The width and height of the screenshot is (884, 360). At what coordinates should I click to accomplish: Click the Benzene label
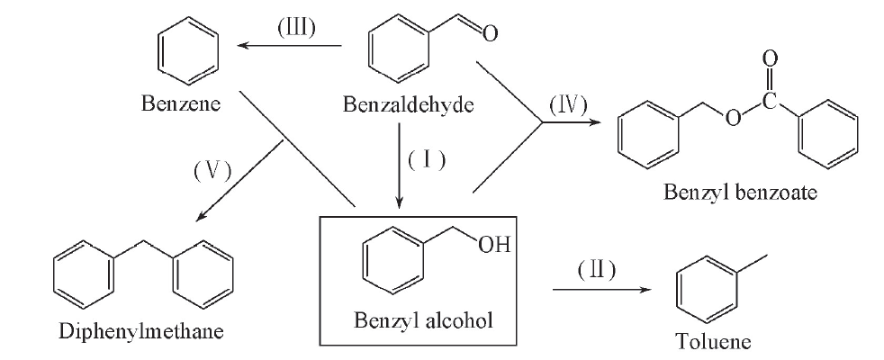181,103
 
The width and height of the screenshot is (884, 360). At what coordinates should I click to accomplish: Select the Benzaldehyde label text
409,104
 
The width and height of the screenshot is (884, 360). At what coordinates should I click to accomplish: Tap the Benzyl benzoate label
740,193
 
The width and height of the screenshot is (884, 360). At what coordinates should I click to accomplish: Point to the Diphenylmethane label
141,330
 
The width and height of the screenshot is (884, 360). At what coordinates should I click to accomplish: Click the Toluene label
714,341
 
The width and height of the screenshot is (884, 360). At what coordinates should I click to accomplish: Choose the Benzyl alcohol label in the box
423,320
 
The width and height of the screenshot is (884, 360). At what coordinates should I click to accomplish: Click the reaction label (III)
296,28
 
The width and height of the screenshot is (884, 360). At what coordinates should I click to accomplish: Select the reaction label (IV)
568,104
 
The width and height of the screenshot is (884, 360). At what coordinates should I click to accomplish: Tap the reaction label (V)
212,171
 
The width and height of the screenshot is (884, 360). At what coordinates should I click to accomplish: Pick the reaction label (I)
427,160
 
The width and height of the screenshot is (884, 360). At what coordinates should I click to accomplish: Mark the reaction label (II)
596,270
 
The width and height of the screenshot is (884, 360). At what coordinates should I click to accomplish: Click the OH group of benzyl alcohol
494,245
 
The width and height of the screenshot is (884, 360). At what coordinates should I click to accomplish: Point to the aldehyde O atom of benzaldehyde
490,33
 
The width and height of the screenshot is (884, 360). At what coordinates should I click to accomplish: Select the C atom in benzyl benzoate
770,102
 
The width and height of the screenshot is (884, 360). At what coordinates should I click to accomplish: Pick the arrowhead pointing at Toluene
645,290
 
